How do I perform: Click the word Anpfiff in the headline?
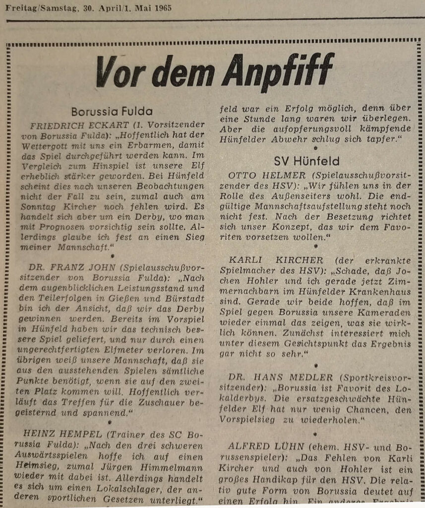278,72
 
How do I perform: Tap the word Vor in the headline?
118,73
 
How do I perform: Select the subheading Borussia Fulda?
112,112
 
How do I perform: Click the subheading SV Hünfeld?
307,161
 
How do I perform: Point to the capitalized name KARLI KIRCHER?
276,260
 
